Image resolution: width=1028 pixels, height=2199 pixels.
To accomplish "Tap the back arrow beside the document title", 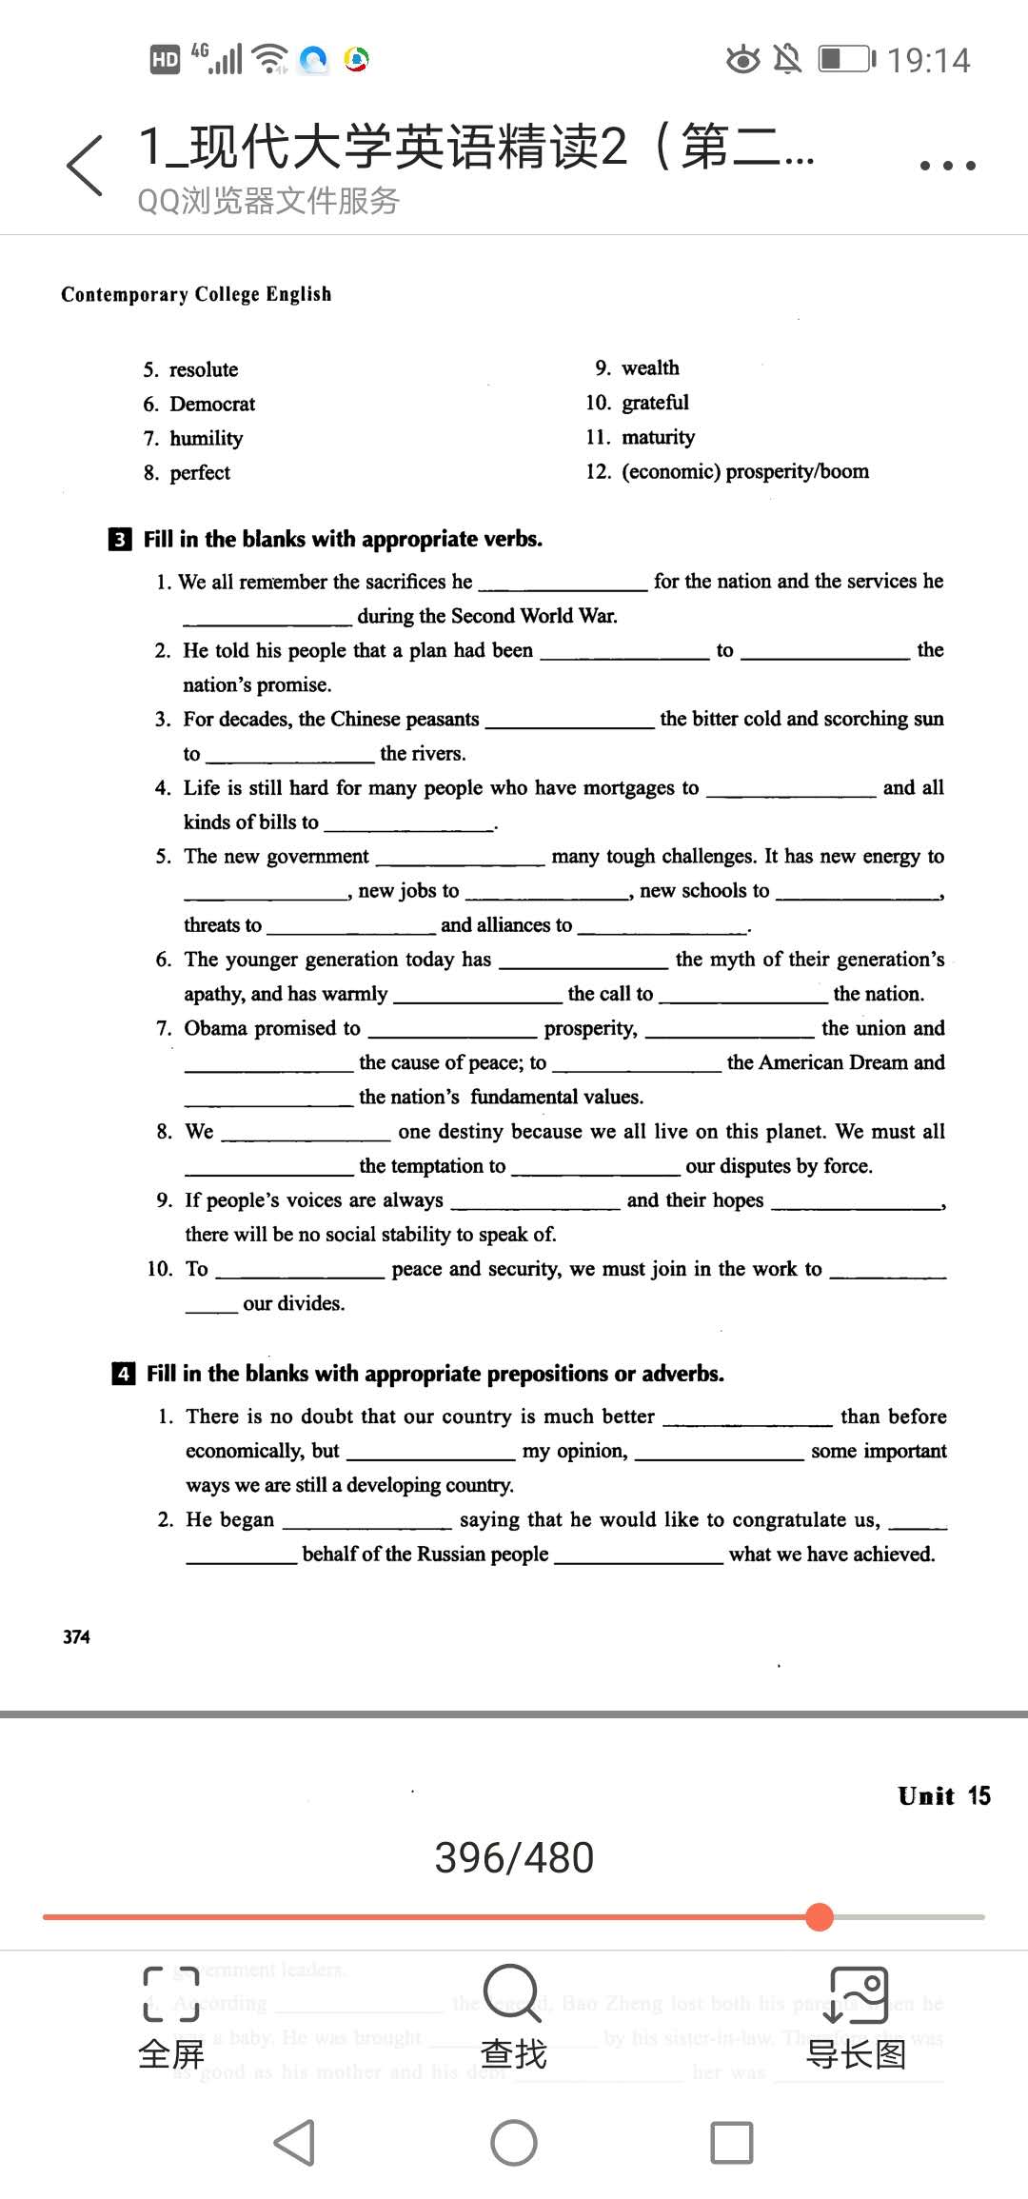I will [85, 166].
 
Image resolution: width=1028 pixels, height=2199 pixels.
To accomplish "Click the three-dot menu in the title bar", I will [947, 166].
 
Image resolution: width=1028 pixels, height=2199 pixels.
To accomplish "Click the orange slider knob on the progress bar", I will [819, 1916].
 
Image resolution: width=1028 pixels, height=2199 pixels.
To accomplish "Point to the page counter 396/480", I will [514, 1857].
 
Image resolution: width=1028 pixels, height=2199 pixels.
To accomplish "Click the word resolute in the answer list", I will [204, 369].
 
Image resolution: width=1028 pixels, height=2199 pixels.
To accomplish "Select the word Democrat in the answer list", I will [212, 404].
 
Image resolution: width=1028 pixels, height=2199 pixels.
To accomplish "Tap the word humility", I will [207, 438].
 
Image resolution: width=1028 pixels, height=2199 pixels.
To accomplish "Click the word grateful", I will [655, 402].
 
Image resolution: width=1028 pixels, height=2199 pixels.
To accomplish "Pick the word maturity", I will [658, 437].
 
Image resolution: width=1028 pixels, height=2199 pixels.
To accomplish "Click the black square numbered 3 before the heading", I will [120, 540].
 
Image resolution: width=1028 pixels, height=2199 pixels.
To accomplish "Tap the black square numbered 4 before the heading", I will [123, 1374].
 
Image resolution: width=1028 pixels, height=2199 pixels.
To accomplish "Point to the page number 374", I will [76, 1636].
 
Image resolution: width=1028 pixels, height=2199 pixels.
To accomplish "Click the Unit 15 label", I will [943, 1795].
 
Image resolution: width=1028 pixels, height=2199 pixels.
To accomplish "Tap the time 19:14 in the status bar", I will [928, 61].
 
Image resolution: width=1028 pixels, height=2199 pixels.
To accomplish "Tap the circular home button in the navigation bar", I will [514, 2143].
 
